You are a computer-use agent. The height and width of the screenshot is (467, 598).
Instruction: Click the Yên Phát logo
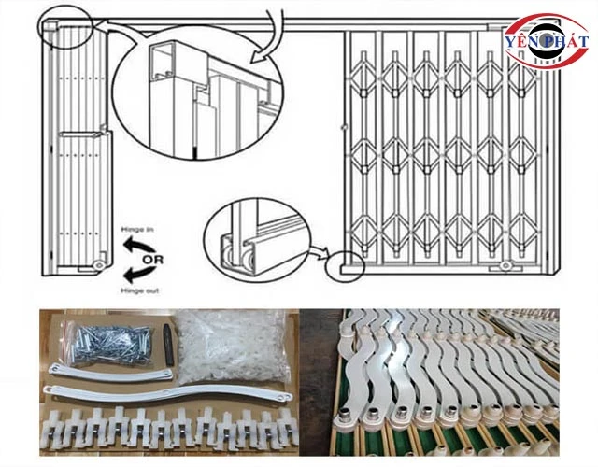(547, 42)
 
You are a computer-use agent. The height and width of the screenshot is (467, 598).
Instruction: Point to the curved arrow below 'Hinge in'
(137, 245)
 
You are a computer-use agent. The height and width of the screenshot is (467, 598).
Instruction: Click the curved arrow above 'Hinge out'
(137, 274)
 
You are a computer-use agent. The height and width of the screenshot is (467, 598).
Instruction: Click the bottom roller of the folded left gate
(97, 267)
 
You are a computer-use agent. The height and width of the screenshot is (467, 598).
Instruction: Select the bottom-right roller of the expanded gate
(507, 266)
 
